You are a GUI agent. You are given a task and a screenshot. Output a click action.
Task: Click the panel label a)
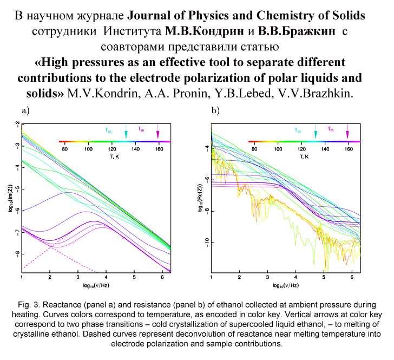point(24,111)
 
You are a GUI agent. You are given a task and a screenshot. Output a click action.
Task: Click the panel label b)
point(215,111)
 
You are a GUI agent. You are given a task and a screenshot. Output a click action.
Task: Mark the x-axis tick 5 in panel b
point(324,277)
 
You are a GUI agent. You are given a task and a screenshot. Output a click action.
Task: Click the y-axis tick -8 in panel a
point(17,253)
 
